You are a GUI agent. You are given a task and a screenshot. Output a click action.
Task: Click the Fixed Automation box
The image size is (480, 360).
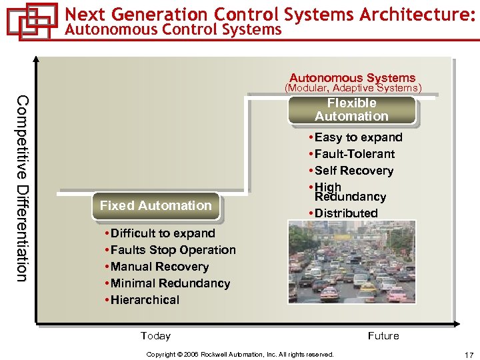pyautogui.click(x=155, y=206)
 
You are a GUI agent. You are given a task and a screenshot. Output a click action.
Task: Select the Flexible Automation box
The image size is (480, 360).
pyautogui.click(x=351, y=110)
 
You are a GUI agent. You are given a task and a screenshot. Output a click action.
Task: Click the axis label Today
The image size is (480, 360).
pyautogui.click(x=155, y=336)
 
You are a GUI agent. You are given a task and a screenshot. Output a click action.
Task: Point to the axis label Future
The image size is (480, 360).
pyautogui.click(x=383, y=336)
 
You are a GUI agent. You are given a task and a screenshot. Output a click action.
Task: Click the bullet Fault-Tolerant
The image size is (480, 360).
pyautogui.click(x=354, y=154)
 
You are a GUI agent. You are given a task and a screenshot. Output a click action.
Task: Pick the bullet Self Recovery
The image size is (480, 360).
pyautogui.click(x=353, y=171)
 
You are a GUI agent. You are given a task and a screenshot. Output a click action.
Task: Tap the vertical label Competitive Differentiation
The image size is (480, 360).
pyautogui.click(x=22, y=188)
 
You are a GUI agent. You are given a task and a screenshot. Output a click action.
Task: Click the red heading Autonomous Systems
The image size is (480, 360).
pyautogui.click(x=352, y=78)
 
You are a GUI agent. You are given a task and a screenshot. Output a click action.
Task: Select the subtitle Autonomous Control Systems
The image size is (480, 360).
pyautogui.click(x=174, y=29)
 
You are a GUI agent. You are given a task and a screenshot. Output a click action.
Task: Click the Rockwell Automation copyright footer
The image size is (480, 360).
pyautogui.click(x=240, y=355)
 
